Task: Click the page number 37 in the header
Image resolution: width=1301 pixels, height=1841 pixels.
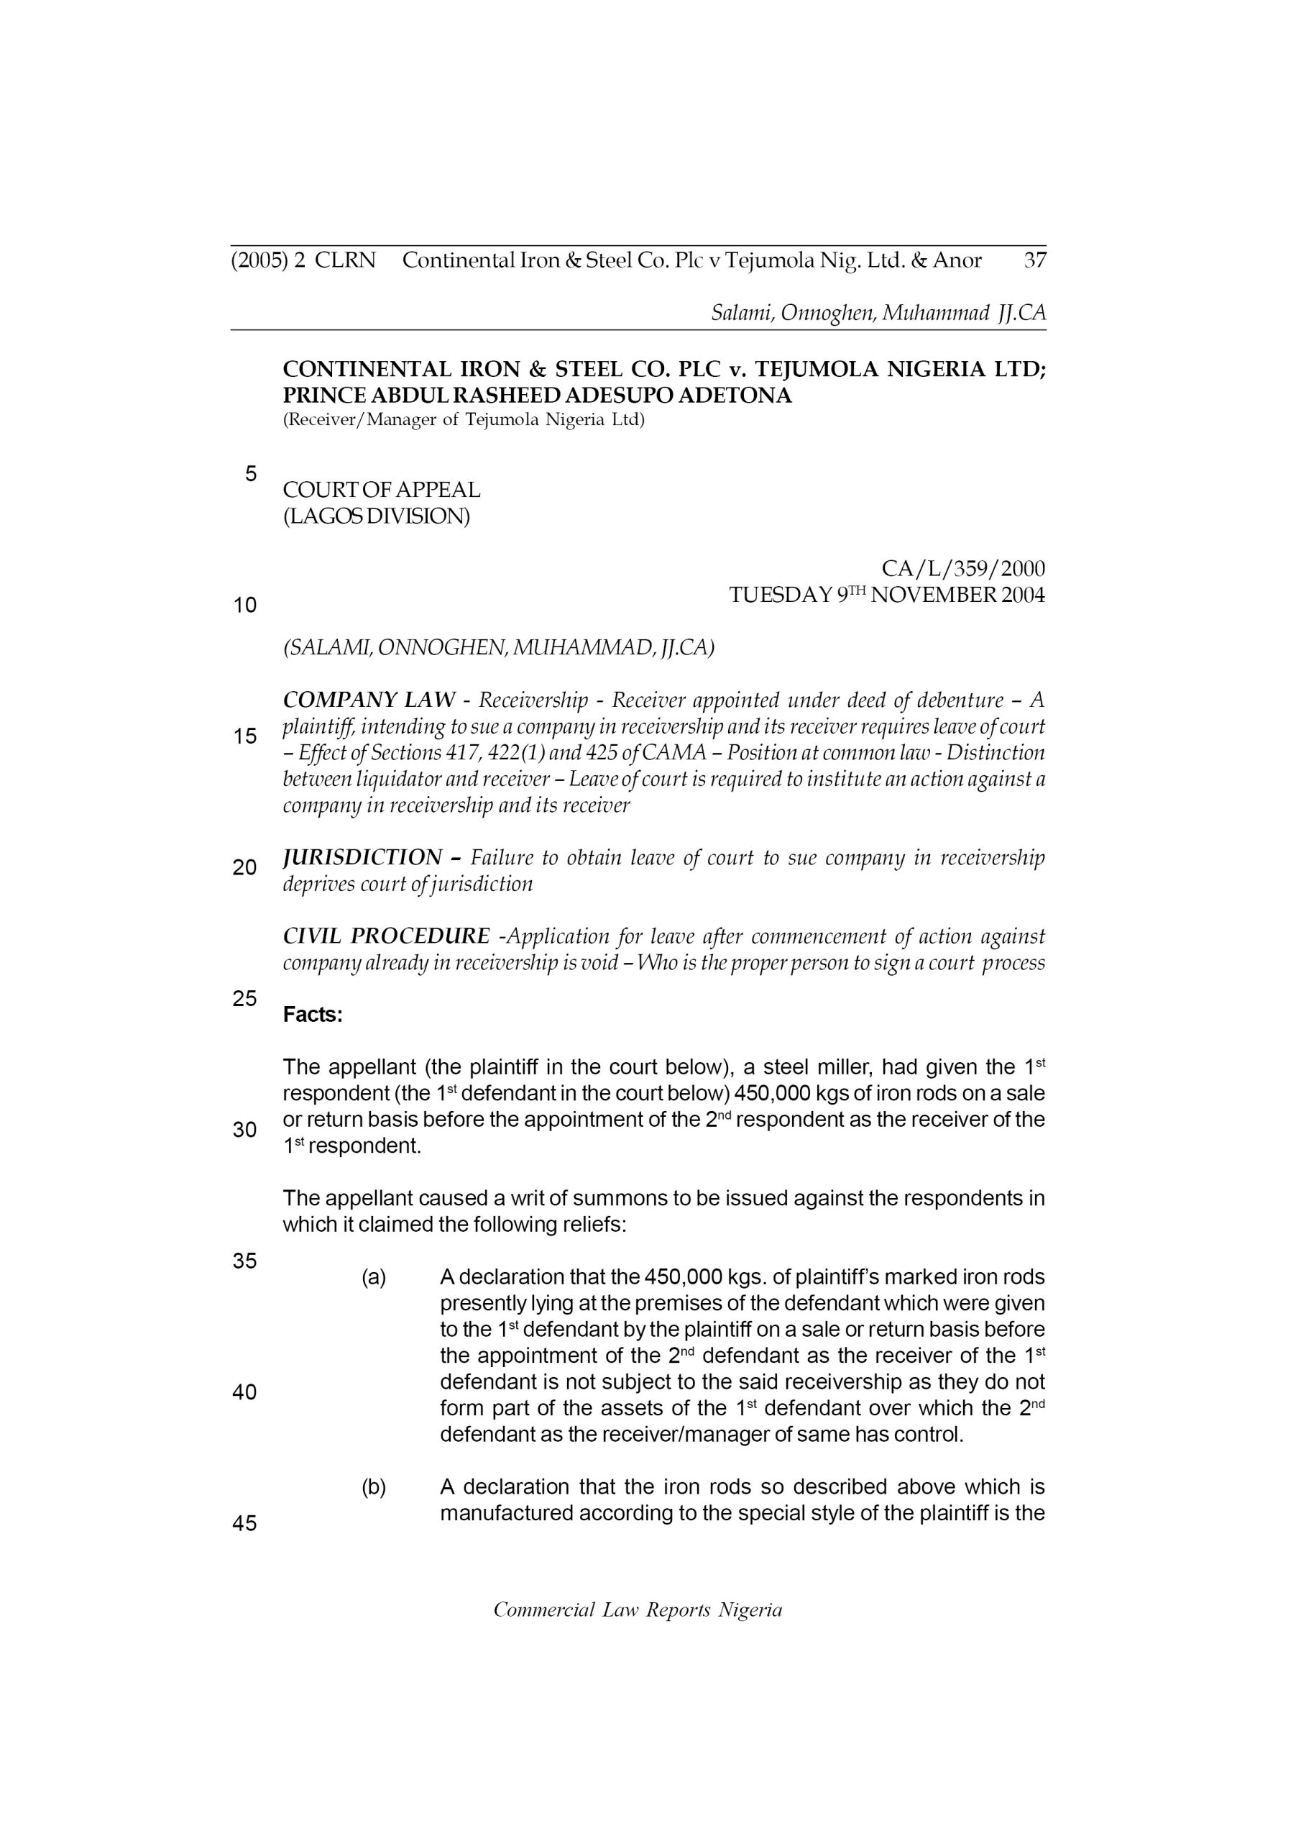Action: pyautogui.click(x=1035, y=260)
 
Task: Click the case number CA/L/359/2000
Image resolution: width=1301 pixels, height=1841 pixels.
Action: pyautogui.click(x=962, y=569)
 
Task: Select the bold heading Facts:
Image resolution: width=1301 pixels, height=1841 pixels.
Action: pyautogui.click(x=313, y=1015)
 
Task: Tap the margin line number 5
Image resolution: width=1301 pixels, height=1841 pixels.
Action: pyautogui.click(x=251, y=474)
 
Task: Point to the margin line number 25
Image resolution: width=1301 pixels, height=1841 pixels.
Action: pyautogui.click(x=244, y=998)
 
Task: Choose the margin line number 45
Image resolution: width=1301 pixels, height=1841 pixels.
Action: pyautogui.click(x=244, y=1522)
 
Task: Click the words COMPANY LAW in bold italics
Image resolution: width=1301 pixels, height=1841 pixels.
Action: pyautogui.click(x=369, y=700)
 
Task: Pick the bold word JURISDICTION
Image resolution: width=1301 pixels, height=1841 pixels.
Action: pyautogui.click(x=362, y=857)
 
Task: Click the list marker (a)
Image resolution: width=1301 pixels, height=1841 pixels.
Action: pyautogui.click(x=374, y=1277)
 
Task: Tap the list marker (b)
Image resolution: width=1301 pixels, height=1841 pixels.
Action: pyautogui.click(x=374, y=1487)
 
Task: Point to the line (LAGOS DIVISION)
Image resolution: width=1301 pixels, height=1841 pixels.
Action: pyautogui.click(x=377, y=516)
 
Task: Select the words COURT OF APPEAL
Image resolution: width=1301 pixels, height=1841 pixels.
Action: pyautogui.click(x=382, y=490)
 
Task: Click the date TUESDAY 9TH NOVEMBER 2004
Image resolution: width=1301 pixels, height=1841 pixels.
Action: pyautogui.click(x=886, y=595)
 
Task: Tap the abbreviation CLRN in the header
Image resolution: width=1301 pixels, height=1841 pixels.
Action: pyautogui.click(x=346, y=260)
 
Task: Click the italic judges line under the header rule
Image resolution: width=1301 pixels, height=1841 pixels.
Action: pyautogui.click(x=878, y=313)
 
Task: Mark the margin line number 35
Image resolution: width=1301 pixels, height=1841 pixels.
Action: pyautogui.click(x=244, y=1261)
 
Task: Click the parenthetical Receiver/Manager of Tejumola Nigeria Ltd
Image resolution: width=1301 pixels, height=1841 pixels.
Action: pyautogui.click(x=464, y=419)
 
